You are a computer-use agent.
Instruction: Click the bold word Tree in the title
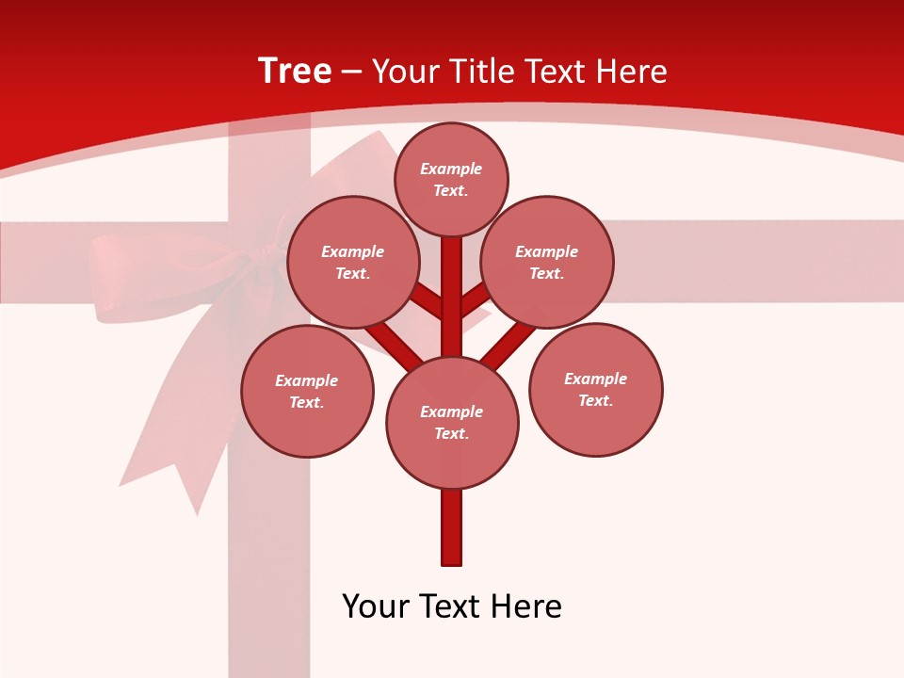295,72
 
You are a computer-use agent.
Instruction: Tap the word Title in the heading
481,72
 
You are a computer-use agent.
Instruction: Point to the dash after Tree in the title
351,73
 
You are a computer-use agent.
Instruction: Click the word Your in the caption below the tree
376,606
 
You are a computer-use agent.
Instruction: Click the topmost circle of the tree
451,179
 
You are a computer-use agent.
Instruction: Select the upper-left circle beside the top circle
353,263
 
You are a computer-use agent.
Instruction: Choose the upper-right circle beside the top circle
547,263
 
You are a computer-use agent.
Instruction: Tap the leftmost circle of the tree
307,391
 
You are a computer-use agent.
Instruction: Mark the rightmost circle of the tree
596,389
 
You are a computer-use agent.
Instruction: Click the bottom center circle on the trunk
452,423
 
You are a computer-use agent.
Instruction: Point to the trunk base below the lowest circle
452,527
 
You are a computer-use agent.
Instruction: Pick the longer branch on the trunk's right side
508,344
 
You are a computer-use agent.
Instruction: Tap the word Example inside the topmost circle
451,169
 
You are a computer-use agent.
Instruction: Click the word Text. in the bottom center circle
451,434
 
